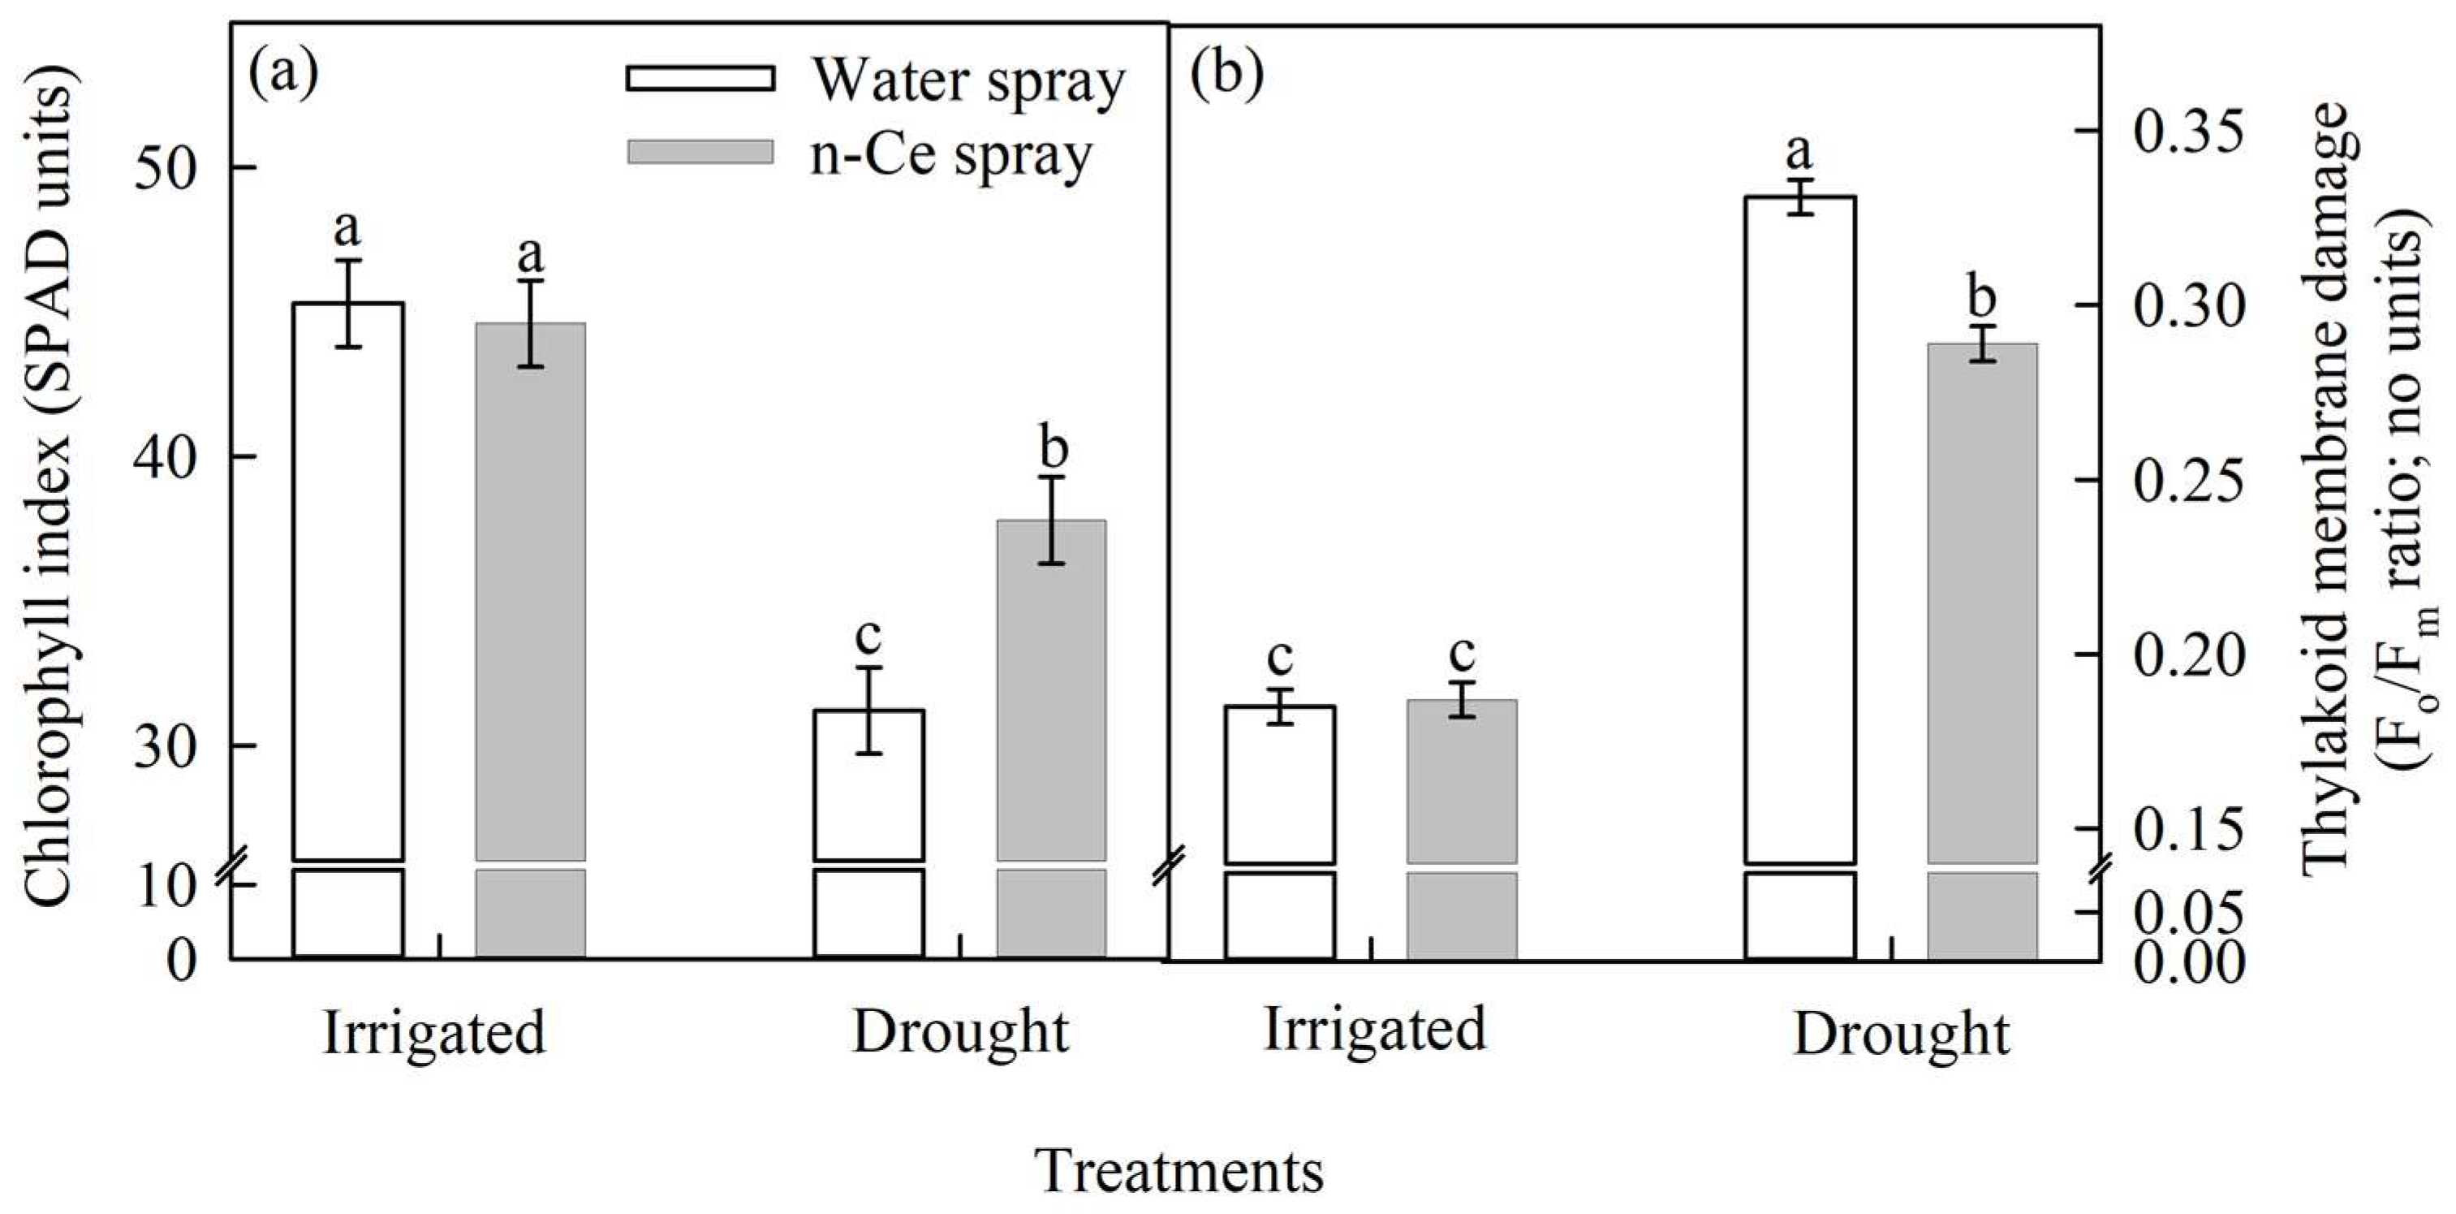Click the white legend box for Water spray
click(700, 77)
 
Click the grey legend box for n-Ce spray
click(700, 153)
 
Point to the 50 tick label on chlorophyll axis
click(165, 168)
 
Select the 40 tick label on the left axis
click(165, 457)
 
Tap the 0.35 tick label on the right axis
click(2188, 131)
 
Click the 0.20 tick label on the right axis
click(2188, 655)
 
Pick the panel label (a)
click(283, 75)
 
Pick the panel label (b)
click(1226, 75)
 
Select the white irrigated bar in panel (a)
click(348, 581)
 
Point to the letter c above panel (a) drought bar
click(868, 634)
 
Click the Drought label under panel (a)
click(960, 1033)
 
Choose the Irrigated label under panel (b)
click(1374, 1029)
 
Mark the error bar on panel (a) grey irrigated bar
click(530, 323)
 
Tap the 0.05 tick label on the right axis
click(2188, 914)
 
